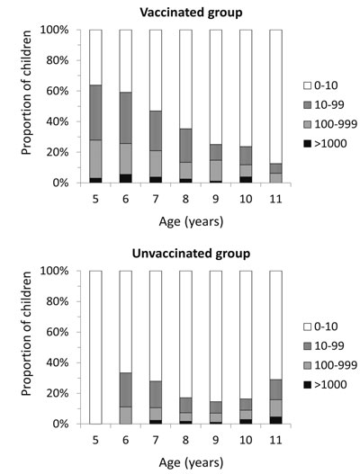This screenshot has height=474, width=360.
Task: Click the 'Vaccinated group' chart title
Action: coord(191,13)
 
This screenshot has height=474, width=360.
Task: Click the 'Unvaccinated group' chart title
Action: coord(191,254)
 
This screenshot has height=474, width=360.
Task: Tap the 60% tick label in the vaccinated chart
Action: coord(57,92)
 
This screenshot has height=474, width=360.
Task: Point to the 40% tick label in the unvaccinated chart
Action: coord(57,362)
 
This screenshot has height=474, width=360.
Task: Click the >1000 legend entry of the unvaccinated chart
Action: coord(325,385)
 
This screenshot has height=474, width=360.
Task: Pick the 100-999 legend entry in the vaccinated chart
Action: coord(330,124)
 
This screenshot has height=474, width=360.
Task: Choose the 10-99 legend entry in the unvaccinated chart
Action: coord(324,346)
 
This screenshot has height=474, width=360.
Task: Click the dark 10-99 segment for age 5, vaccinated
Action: coord(95,112)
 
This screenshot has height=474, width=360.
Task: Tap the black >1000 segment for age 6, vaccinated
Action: coord(125,179)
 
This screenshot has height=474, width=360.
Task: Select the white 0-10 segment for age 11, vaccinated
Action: coord(276,97)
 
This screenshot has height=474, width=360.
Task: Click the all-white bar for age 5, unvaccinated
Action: coord(95,347)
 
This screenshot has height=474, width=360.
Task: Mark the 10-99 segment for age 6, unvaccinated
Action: coord(125,390)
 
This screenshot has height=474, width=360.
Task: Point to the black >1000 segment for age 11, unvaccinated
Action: coord(276,420)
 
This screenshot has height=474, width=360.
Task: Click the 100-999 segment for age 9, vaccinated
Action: coord(216,171)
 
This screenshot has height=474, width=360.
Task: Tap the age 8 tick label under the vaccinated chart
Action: coord(185,200)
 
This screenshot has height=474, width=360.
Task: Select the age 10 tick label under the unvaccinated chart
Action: coord(246,441)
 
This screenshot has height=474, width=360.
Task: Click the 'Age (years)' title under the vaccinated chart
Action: coord(191,222)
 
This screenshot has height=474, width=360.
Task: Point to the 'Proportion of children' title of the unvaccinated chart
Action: coord(27,334)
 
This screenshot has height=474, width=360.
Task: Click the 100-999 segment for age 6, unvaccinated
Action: coord(125,416)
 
